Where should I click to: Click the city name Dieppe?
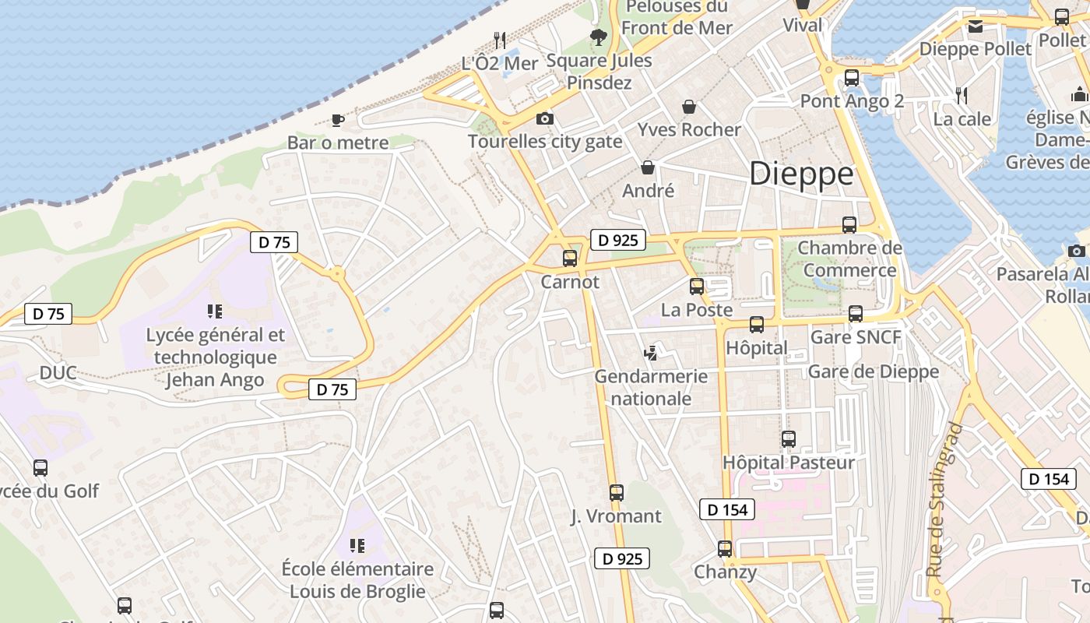[x=801, y=174]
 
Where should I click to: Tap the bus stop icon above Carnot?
[x=570, y=259]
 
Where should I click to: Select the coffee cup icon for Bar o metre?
[x=337, y=120]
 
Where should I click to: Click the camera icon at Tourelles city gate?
[x=545, y=118]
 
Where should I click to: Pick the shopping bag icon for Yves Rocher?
[x=688, y=107]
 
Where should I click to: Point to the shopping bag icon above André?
[x=647, y=167]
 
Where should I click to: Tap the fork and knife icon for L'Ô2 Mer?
[x=500, y=40]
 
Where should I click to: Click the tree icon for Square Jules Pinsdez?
[x=598, y=37]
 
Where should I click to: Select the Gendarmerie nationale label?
[x=651, y=387]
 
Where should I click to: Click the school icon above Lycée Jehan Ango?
[x=215, y=311]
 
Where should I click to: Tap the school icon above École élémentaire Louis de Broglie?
[x=357, y=545]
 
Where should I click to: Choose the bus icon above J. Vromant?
[x=616, y=492]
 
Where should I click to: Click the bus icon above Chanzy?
[x=725, y=548]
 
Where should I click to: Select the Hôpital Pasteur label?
[x=789, y=462]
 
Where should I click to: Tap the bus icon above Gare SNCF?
[x=856, y=314]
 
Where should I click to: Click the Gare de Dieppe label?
[x=874, y=371]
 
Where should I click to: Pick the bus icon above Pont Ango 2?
[x=852, y=78]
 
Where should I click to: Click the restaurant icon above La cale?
[x=962, y=96]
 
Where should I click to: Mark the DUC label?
[x=58, y=373]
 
